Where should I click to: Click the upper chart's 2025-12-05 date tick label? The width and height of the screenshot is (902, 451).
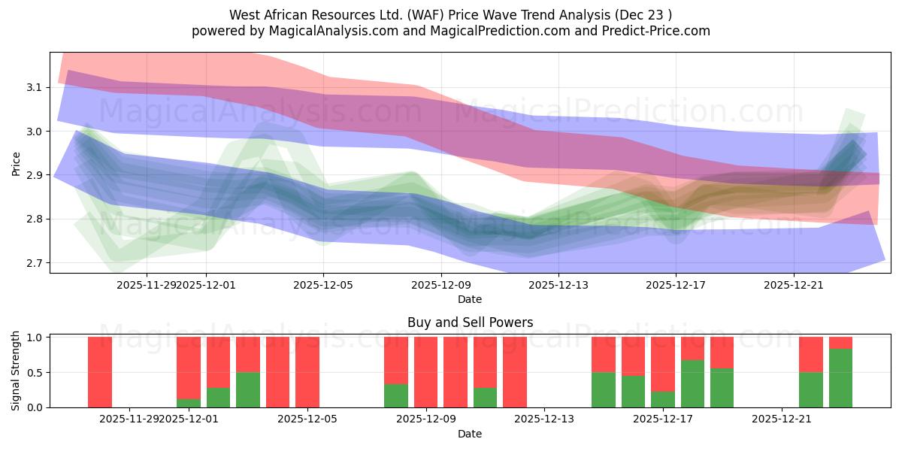(x=323, y=285)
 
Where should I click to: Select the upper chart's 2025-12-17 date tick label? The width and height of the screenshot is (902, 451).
(x=676, y=285)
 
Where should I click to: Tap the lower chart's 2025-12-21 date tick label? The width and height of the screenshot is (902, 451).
(x=782, y=419)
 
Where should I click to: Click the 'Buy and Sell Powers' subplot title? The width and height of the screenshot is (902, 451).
(x=470, y=322)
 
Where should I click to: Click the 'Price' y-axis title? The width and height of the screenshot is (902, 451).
(x=17, y=162)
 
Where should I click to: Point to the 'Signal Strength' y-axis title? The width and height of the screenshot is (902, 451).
(x=17, y=371)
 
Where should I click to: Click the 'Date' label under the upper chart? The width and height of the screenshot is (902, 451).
(x=470, y=299)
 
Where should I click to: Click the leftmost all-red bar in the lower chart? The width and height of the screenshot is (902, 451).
(x=100, y=372)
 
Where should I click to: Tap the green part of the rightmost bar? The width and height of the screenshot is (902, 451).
(x=840, y=378)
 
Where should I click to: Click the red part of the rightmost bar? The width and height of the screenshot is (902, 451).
(x=840, y=343)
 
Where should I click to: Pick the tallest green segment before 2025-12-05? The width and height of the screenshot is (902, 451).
(x=248, y=389)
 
